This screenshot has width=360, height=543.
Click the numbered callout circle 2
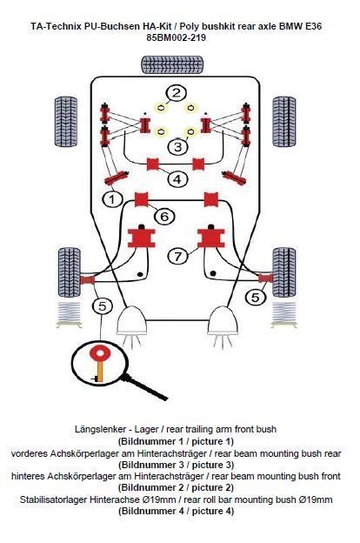[x=177, y=93]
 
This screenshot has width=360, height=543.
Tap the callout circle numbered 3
[x=177, y=146]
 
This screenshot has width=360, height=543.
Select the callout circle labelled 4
[x=177, y=179]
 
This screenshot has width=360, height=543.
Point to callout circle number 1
[x=112, y=198]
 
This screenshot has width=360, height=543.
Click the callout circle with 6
[x=164, y=217]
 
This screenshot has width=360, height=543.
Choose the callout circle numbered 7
[x=178, y=256]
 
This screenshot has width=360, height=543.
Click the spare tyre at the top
[x=172, y=64]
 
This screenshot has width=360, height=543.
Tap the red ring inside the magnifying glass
[x=100, y=353]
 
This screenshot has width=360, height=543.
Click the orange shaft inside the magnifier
[x=100, y=372]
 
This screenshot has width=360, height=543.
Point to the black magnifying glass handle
[x=144, y=387]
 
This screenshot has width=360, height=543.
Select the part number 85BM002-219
[x=176, y=37]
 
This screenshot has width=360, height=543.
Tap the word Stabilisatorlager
[x=53, y=499]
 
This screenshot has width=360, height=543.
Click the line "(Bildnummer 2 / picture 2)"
[x=177, y=487]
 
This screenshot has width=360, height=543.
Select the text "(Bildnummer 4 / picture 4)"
[x=177, y=511]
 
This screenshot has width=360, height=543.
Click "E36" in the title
[x=314, y=26]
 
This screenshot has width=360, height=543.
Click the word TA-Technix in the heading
[x=56, y=26]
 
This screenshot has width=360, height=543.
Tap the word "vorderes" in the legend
[x=29, y=453]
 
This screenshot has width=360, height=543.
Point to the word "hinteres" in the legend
[x=28, y=476]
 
